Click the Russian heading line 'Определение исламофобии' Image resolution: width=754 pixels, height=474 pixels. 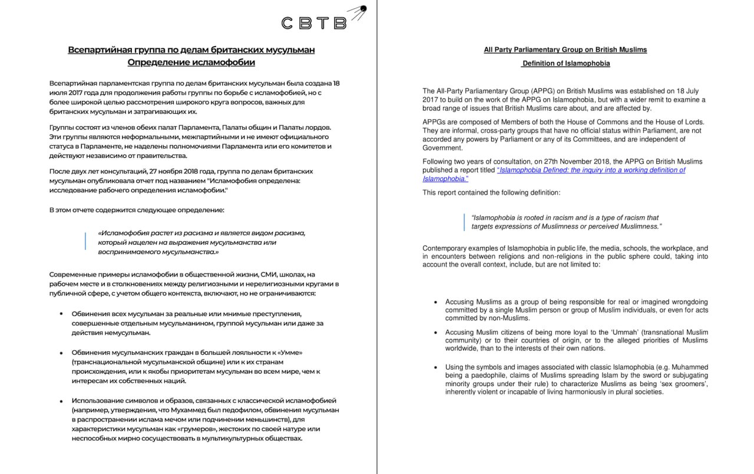[191, 62]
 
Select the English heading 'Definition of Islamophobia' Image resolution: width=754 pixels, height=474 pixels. [565, 63]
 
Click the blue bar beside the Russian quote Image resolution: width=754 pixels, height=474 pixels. [85, 242]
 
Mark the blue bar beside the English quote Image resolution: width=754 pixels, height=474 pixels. [465, 222]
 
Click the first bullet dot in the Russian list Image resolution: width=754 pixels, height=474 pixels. [61, 314]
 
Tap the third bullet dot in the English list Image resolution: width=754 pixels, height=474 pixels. [435, 367]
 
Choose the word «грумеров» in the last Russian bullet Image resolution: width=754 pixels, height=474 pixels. [209, 429]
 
